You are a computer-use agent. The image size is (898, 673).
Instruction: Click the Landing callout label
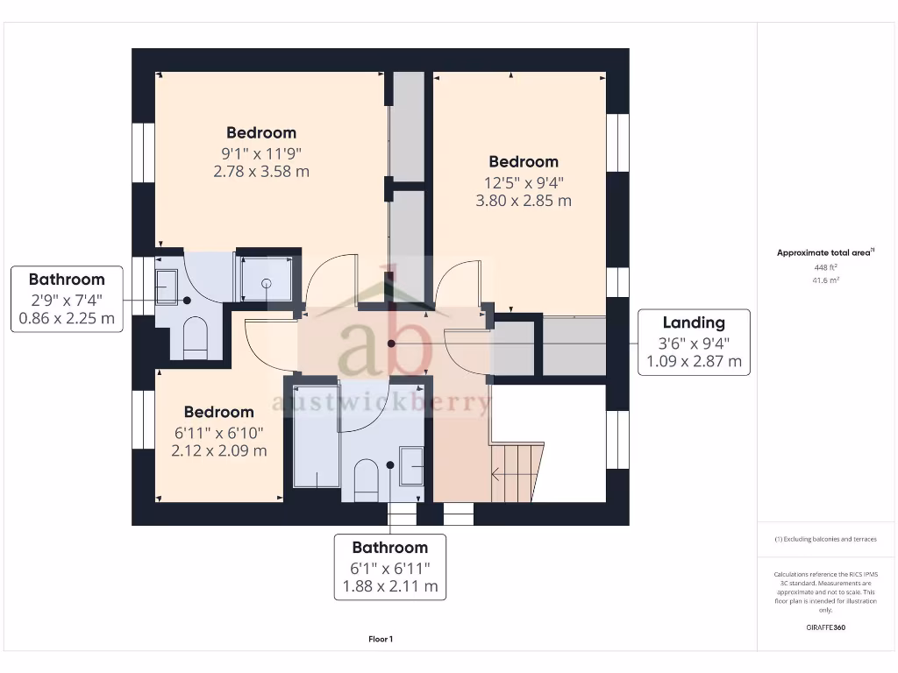tap(693, 323)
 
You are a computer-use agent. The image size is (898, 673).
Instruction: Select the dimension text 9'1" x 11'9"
tap(261, 152)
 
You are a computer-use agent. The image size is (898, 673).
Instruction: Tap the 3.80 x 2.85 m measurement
tap(524, 200)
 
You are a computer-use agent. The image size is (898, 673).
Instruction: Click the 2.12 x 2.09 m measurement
tap(219, 450)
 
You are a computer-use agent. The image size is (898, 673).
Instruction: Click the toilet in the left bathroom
tap(195, 337)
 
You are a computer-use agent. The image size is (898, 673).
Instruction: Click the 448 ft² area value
tap(824, 267)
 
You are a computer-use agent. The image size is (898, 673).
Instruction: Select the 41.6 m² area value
tap(824, 280)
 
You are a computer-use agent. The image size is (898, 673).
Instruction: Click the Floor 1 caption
tap(381, 640)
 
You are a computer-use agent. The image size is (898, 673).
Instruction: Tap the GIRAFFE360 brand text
tap(824, 627)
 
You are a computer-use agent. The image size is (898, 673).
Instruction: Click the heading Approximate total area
tap(824, 252)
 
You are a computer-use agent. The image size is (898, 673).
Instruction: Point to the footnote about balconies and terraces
tap(824, 539)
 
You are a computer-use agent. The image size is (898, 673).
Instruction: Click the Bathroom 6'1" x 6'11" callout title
tap(390, 548)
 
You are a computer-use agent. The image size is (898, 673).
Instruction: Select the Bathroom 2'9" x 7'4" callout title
tap(67, 280)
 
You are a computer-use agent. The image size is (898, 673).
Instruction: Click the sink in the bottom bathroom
tap(410, 464)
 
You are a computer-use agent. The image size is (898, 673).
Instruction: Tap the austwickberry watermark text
tap(381, 403)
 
